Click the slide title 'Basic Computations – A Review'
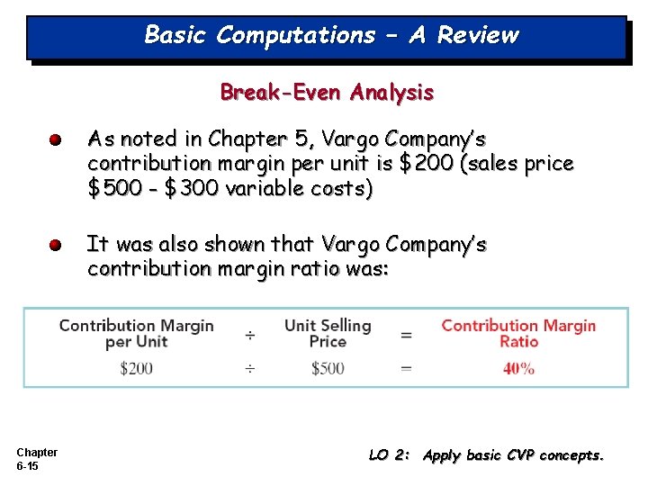tap(331, 35)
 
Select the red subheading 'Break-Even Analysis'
tap(327, 92)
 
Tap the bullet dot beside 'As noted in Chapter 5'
tap(56, 140)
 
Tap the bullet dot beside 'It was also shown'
tap(56, 246)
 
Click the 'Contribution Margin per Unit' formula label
tap(136, 333)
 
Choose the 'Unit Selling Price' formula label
tap(328, 333)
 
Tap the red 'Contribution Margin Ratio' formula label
tap(518, 333)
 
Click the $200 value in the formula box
tap(136, 368)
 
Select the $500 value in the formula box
tap(328, 368)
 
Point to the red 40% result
tap(518, 368)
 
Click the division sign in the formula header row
tap(249, 335)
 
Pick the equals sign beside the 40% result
tap(407, 368)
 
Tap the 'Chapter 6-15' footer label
tap(36, 459)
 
